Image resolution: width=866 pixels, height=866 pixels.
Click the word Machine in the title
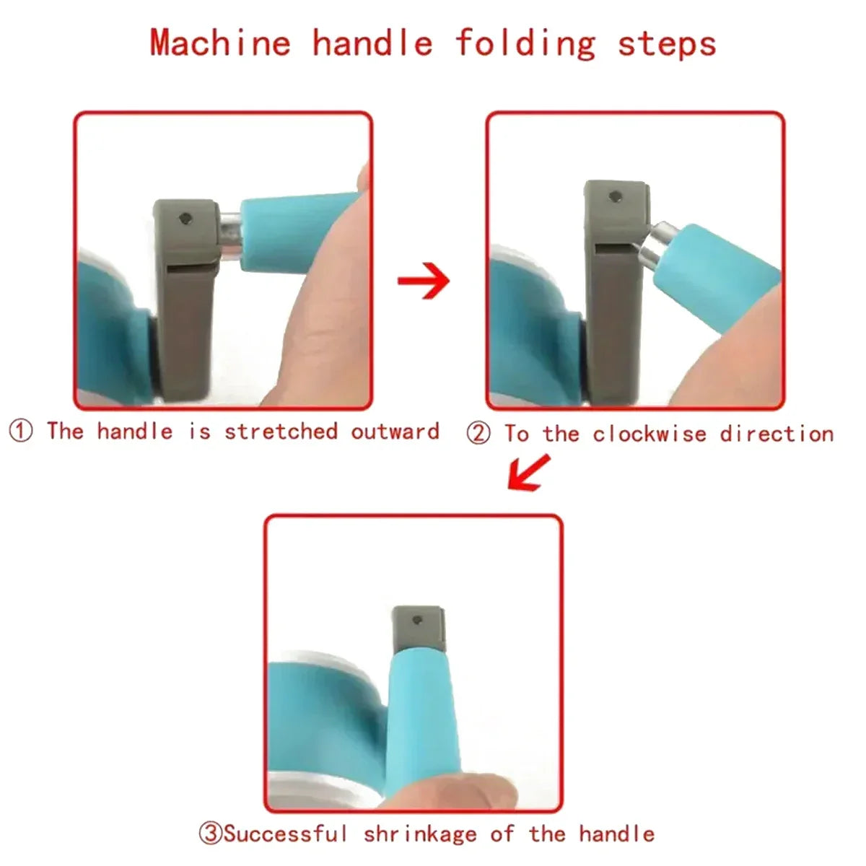click(220, 43)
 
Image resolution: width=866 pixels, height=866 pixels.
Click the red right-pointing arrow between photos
click(424, 281)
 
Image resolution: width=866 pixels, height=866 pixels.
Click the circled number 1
click(21, 431)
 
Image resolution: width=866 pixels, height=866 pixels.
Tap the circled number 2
click(478, 434)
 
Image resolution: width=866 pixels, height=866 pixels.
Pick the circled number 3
click(211, 821)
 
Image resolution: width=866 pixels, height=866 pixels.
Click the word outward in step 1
click(395, 432)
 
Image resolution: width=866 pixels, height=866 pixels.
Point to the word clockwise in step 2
click(649, 434)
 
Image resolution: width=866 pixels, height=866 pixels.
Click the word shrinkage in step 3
click(420, 823)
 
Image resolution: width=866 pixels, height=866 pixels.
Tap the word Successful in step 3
click(285, 821)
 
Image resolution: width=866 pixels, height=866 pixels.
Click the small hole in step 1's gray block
click(185, 219)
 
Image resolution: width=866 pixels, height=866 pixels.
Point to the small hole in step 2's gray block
click(615, 196)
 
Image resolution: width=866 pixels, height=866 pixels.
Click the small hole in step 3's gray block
click(417, 621)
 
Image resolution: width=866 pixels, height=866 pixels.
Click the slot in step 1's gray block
click(191, 268)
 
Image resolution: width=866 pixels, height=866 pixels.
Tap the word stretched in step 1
click(281, 432)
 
